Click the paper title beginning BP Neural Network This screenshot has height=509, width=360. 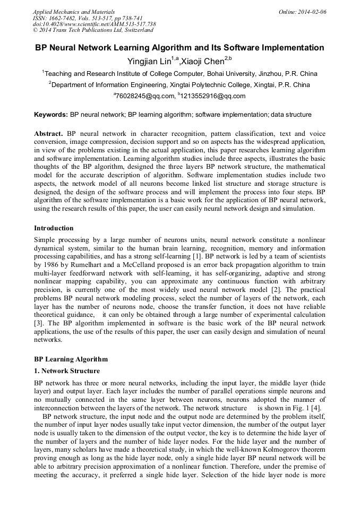[179, 48]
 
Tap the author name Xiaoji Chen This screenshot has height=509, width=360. [202, 61]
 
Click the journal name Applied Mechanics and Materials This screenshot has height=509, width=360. [74, 11]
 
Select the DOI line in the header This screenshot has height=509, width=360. [94, 24]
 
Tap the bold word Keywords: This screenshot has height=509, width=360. [51, 114]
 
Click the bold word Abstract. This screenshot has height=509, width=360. [49, 134]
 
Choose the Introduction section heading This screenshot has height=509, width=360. [54, 228]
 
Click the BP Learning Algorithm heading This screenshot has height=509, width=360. [71, 359]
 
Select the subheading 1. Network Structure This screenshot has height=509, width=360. [66, 370]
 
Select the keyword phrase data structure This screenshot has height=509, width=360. [293, 114]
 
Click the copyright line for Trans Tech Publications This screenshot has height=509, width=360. [86, 30]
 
